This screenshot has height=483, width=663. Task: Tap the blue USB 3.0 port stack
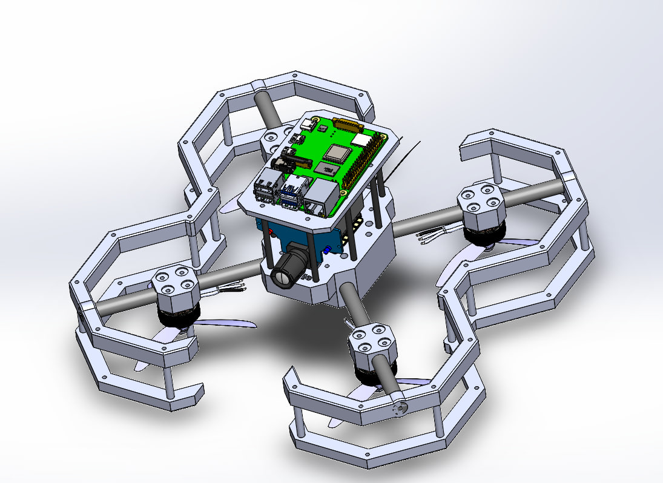click(x=291, y=189)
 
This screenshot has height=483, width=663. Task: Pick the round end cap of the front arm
click(x=399, y=409)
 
